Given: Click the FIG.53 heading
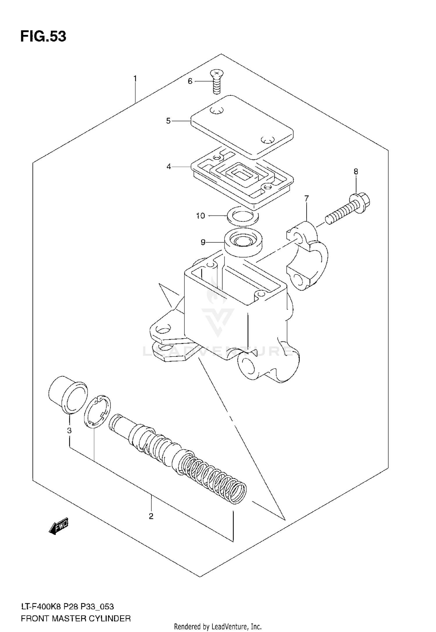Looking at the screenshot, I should (43, 37).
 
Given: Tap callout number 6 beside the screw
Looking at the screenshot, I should (190, 81).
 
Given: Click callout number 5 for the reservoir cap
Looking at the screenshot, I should (168, 121).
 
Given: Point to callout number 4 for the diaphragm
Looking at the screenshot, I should (169, 167).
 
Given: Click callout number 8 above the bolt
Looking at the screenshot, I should (356, 172).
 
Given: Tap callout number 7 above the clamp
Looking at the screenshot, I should (307, 198).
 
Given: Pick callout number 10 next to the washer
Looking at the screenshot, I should (201, 216).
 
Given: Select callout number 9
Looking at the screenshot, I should (203, 242).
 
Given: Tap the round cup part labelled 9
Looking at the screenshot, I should (244, 242).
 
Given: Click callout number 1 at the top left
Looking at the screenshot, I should (135, 79).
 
